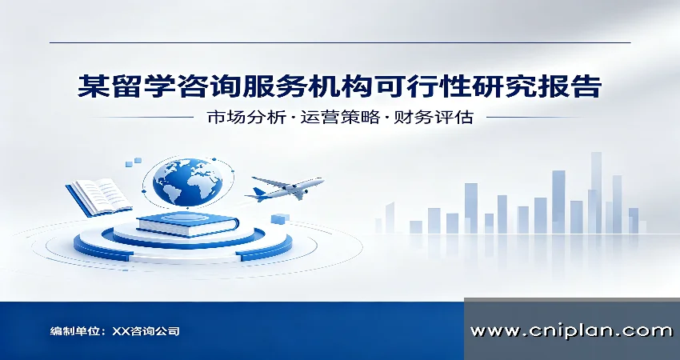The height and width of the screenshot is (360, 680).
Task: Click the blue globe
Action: (x=187, y=182)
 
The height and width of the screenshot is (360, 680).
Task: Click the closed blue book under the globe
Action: (x=187, y=225)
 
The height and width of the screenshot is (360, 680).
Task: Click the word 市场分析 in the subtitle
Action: (x=246, y=117)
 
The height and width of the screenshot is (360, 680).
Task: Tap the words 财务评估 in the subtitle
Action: (x=434, y=117)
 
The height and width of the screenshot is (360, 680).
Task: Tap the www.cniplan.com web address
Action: (x=571, y=330)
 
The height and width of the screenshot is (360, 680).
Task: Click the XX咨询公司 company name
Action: (x=146, y=331)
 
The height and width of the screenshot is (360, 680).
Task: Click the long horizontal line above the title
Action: (x=340, y=42)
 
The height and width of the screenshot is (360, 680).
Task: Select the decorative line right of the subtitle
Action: (x=538, y=117)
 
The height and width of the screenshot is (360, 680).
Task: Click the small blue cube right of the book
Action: (x=280, y=218)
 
